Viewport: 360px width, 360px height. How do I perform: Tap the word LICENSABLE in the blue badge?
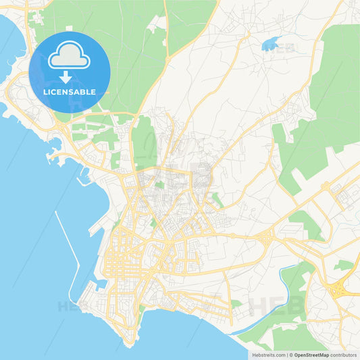[70, 92]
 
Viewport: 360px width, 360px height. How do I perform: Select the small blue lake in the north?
[270, 46]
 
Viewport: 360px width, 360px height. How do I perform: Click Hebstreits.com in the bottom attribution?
[269, 355]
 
